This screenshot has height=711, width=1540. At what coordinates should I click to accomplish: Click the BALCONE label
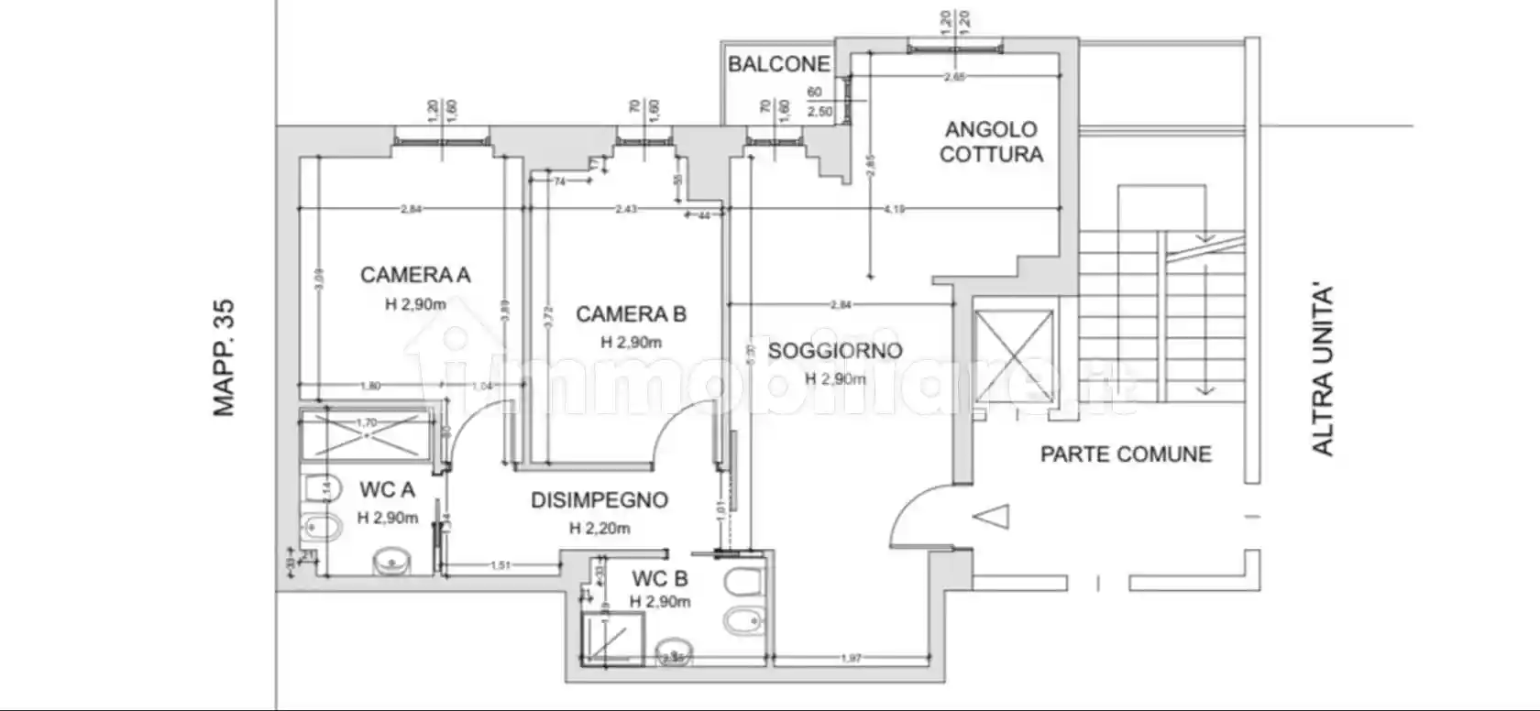pos(778,64)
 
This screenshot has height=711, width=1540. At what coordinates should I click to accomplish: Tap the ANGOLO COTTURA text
pos(991,142)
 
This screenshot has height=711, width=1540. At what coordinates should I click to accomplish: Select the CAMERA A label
pos(414,275)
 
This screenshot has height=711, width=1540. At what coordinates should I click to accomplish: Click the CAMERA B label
pos(631,314)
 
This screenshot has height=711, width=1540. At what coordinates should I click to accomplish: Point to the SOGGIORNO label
pos(834,351)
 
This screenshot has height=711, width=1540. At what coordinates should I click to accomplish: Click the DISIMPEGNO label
pos(599,500)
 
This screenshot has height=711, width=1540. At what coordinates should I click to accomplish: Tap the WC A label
pos(387,490)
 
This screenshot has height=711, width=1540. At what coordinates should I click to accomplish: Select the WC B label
pos(659,579)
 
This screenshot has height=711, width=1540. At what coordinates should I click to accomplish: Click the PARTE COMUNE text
pos(1126,454)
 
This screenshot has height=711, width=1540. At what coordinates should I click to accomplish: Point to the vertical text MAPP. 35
pos(225,357)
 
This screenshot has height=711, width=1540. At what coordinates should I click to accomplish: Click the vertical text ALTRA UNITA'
pos(1322,371)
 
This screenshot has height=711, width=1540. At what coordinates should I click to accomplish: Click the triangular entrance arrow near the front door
pos(992,517)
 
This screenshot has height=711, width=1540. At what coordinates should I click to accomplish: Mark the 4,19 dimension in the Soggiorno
pos(894,210)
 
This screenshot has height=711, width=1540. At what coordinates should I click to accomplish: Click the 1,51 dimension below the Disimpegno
pos(500,566)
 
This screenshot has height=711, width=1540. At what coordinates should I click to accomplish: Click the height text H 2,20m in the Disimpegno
pos(599,529)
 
